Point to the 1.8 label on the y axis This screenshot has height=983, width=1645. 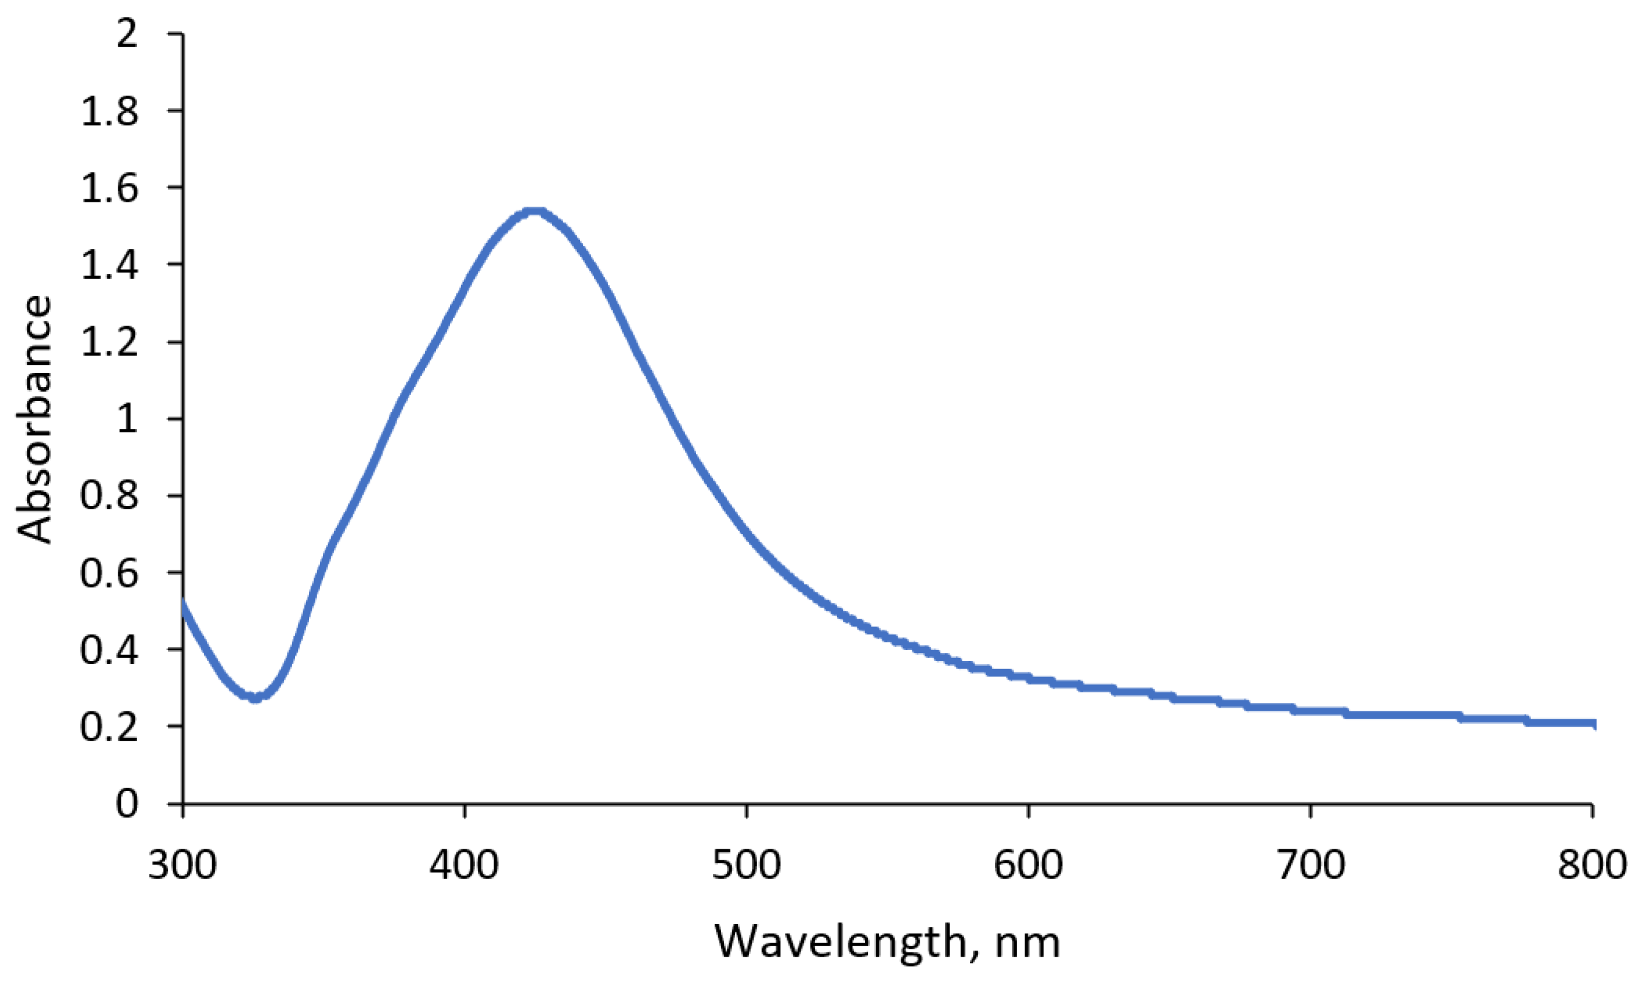109,110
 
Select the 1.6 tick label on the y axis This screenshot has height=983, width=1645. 109,188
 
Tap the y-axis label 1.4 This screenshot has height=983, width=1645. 109,265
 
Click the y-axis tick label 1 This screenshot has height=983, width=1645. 126,419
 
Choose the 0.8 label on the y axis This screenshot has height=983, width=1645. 109,496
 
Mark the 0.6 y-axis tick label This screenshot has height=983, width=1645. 109,573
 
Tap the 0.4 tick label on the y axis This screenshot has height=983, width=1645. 109,650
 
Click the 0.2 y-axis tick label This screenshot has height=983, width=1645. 109,727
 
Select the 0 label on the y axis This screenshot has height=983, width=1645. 126,804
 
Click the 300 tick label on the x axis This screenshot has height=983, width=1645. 182,865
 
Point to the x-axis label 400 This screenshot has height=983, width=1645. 464,865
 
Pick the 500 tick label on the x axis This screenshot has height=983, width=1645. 746,865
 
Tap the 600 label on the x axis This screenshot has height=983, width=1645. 1028,865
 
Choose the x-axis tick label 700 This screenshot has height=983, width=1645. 1311,865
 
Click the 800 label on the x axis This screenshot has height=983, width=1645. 1592,865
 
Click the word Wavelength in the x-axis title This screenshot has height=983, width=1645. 841,942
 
